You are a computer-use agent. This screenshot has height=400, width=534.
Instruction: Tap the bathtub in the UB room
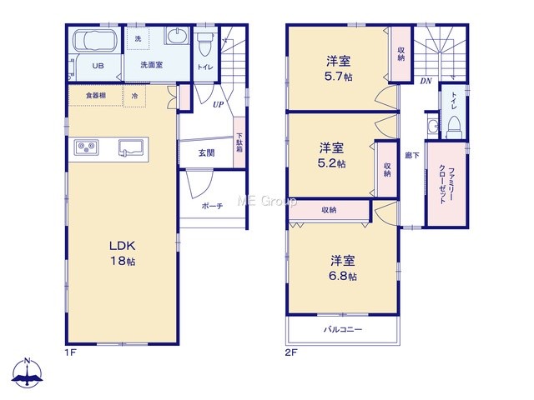pyautogui.click(x=96, y=41)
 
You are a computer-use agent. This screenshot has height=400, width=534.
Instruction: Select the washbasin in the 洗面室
pyautogui.click(x=176, y=36)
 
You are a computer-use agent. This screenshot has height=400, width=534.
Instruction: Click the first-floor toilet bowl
pyautogui.click(x=204, y=44)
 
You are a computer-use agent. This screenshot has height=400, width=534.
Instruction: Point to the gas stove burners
pyautogui.click(x=87, y=147)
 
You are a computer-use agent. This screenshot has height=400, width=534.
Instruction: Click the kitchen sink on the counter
pyautogui.click(x=130, y=147)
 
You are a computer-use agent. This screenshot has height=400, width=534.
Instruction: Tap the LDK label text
pyautogui.click(x=123, y=245)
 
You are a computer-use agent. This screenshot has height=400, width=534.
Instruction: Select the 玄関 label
pyautogui.click(x=206, y=153)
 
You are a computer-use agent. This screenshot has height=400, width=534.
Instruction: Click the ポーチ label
pyautogui.click(x=212, y=206)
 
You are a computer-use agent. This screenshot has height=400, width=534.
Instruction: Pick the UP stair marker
pyautogui.click(x=218, y=104)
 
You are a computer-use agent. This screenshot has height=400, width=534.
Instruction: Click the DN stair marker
pyautogui.click(x=426, y=81)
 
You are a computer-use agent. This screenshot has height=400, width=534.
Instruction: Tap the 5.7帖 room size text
pyautogui.click(x=338, y=76)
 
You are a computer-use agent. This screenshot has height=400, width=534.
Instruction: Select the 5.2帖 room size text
pyautogui.click(x=331, y=163)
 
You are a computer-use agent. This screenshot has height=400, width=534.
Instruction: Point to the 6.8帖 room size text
pyautogui.click(x=343, y=276)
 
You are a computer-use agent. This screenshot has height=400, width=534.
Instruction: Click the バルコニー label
pyautogui.click(x=343, y=329)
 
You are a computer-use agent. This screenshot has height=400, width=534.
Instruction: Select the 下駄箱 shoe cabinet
pyautogui.click(x=239, y=142)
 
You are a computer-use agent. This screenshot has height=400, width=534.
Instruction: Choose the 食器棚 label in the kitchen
pyautogui.click(x=96, y=96)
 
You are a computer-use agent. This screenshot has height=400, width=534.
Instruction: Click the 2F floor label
pyautogui.click(x=291, y=352)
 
